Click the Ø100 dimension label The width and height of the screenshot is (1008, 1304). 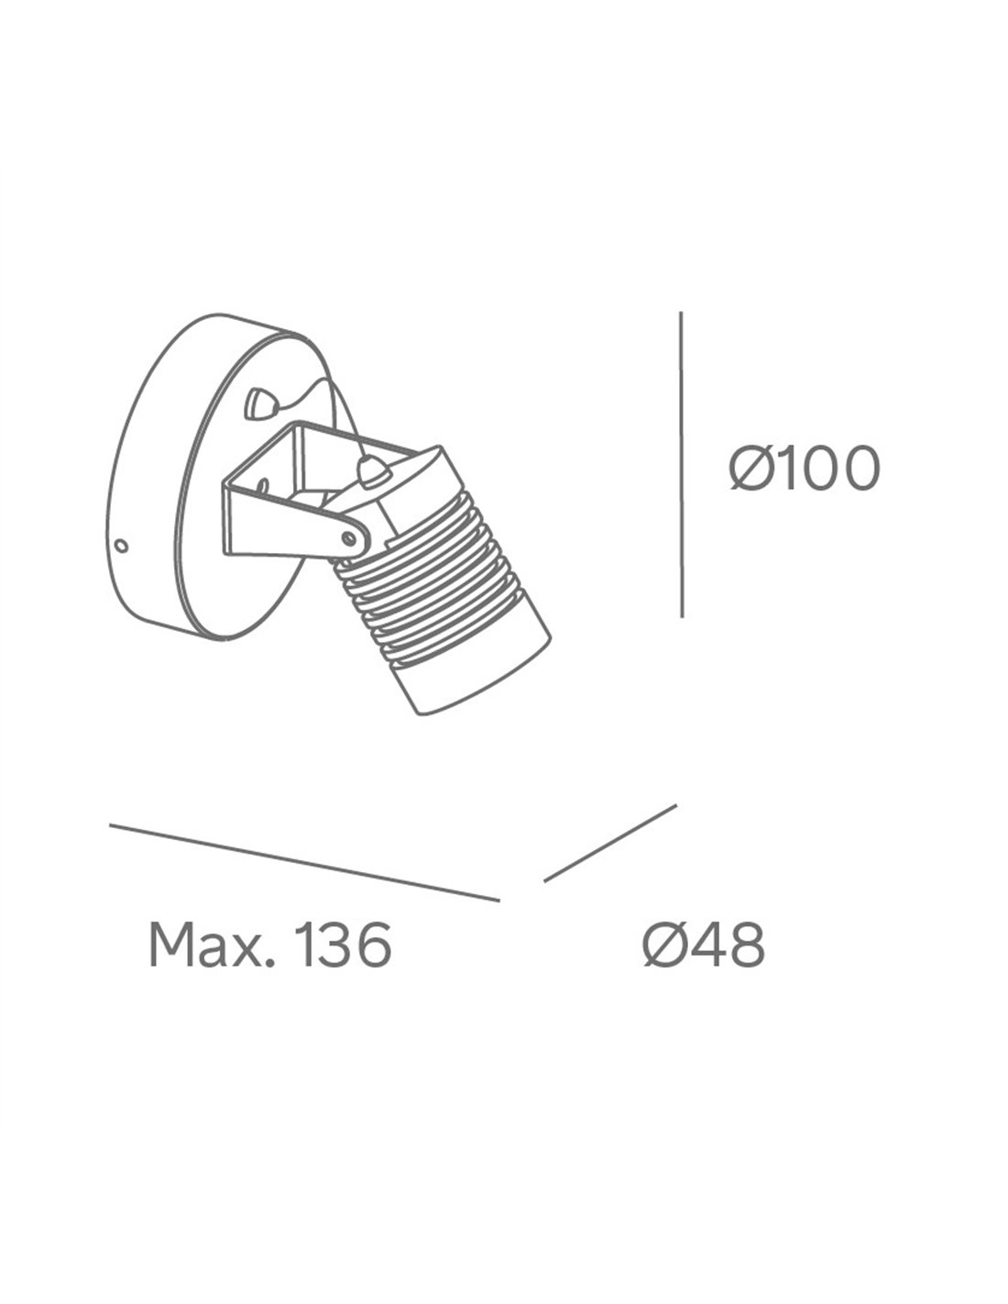tap(805, 469)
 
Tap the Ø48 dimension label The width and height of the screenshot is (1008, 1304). tap(704, 944)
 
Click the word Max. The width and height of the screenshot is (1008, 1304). tap(211, 944)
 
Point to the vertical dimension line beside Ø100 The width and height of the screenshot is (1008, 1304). tap(681, 464)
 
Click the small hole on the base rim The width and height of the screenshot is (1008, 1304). tap(122, 546)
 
